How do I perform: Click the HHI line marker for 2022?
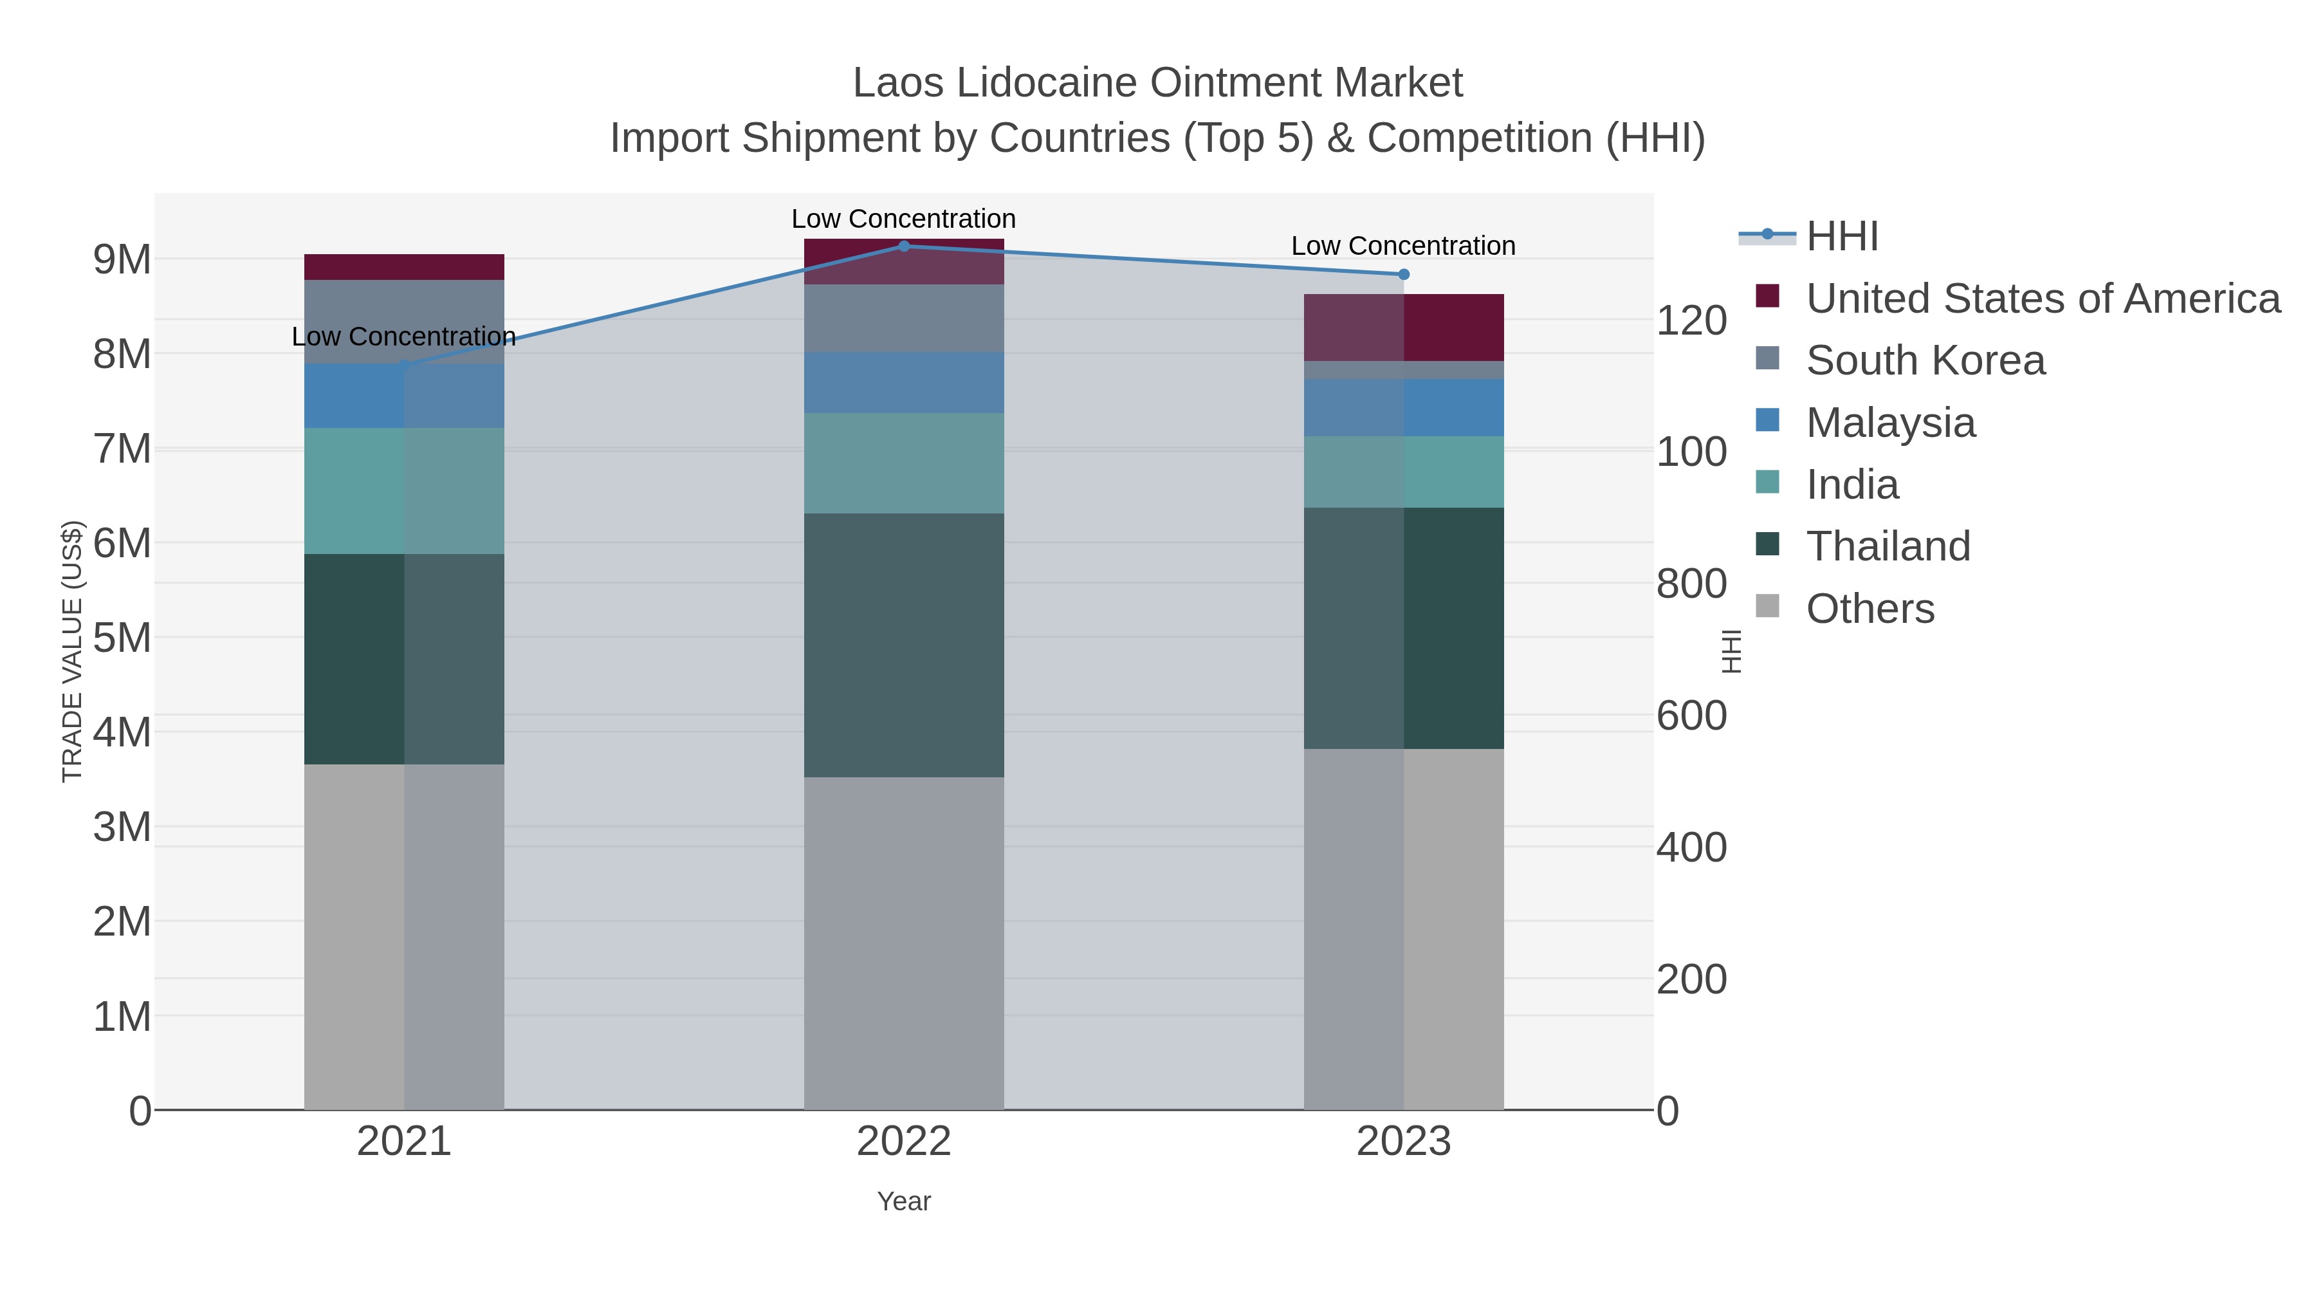click(904, 246)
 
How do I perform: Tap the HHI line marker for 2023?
click(1404, 274)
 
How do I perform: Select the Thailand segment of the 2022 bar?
click(904, 645)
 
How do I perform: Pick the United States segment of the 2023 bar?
click(1404, 328)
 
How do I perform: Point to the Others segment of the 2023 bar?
click(1404, 929)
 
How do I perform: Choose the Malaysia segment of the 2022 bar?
click(904, 382)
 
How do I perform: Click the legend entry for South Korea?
click(1925, 360)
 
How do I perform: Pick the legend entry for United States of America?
click(2043, 299)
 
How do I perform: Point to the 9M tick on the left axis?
click(122, 259)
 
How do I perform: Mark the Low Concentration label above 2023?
click(1404, 246)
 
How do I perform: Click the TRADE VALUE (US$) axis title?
click(72, 651)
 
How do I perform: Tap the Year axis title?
click(904, 1201)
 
